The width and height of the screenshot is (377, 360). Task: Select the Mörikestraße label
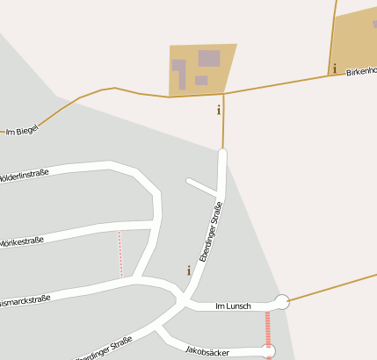pyautogui.click(x=21, y=240)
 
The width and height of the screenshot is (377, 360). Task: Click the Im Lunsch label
pyautogui.click(x=233, y=306)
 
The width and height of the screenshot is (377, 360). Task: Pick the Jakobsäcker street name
pyautogui.click(x=207, y=351)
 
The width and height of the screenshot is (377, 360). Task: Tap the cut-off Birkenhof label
pyautogui.click(x=360, y=70)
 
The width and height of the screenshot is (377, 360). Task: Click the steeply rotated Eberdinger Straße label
pyautogui.click(x=211, y=232)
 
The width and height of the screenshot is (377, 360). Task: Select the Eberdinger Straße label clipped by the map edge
pyautogui.click(x=104, y=349)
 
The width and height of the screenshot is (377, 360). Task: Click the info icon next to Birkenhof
pyautogui.click(x=334, y=68)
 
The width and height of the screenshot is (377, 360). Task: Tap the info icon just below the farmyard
pyautogui.click(x=218, y=110)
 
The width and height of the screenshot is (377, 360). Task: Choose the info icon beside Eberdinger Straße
pyautogui.click(x=188, y=270)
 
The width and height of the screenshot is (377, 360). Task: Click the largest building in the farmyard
pyautogui.click(x=209, y=59)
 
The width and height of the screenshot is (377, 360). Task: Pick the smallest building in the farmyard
pyautogui.click(x=201, y=81)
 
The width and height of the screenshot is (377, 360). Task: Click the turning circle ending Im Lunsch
pyautogui.click(x=281, y=302)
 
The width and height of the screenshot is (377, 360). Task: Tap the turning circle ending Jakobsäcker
pyautogui.click(x=269, y=351)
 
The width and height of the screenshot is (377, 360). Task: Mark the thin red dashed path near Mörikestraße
pyautogui.click(x=120, y=255)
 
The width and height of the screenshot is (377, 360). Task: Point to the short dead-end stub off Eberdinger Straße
pyautogui.click(x=202, y=186)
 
